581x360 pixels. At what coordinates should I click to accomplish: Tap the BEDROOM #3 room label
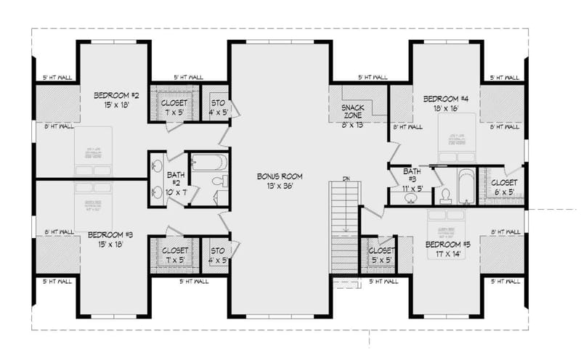pos(110,234)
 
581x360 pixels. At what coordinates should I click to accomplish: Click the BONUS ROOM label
pos(280,176)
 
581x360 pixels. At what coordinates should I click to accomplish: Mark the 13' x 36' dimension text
pos(280,186)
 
